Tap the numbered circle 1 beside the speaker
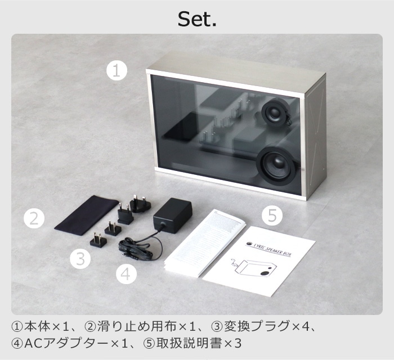[117, 71]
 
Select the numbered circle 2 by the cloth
[34, 218]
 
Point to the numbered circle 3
[80, 259]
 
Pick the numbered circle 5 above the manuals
[272, 214]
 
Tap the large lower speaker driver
[277, 163]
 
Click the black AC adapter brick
[173, 216]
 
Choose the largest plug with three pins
[139, 202]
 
